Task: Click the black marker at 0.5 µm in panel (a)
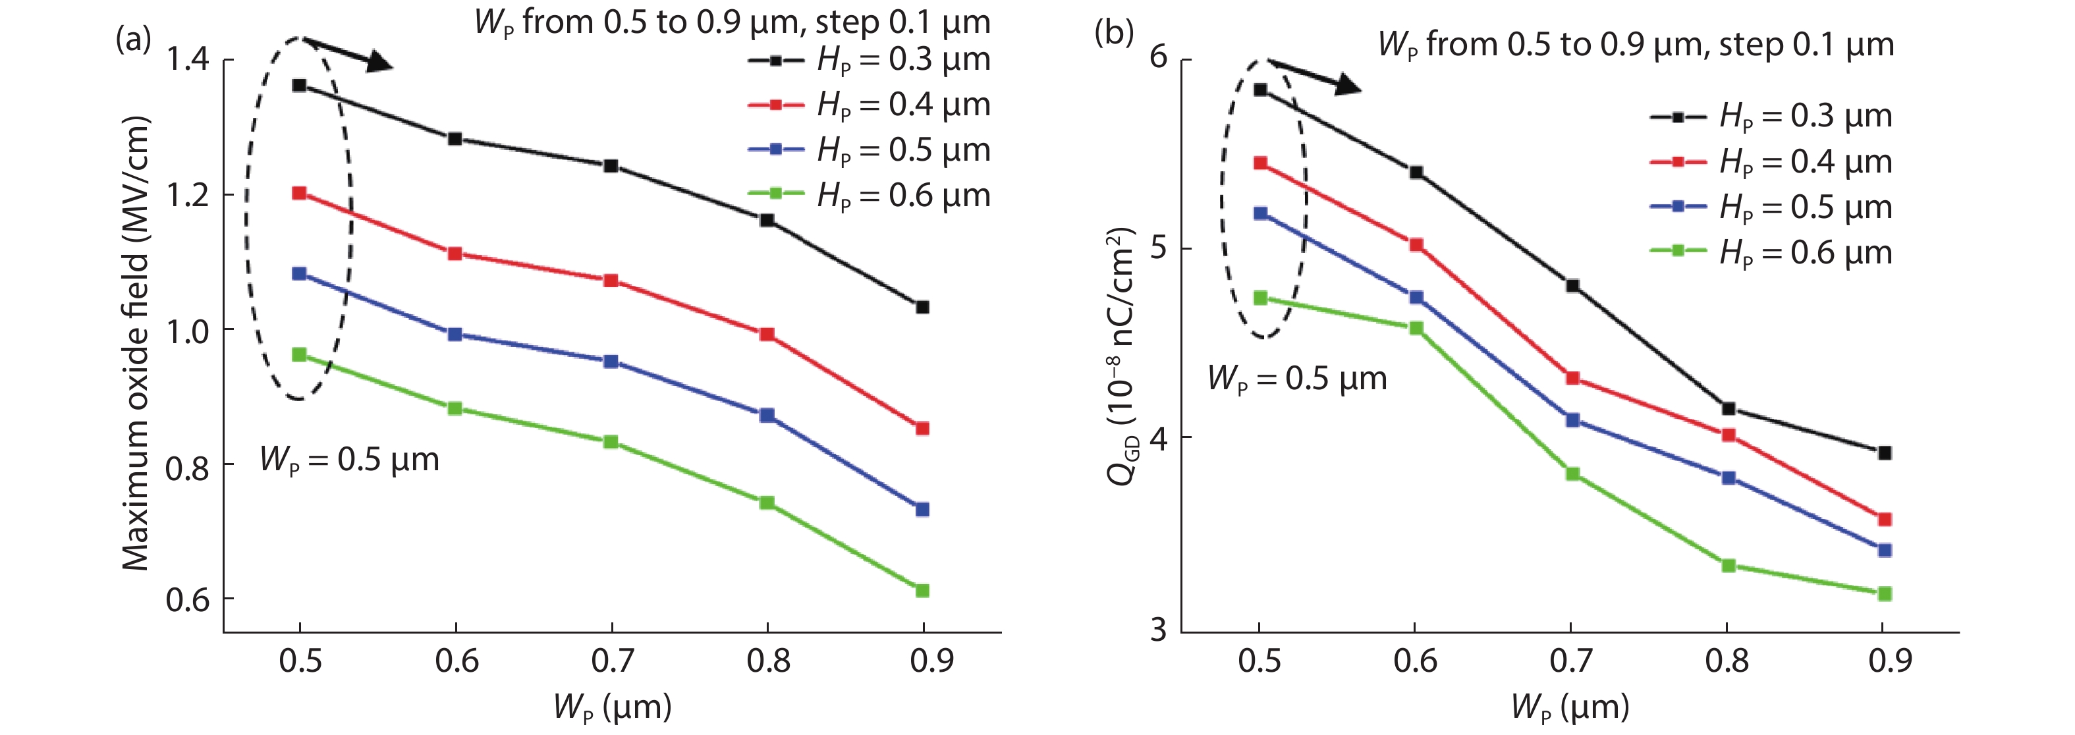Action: pyautogui.click(x=300, y=86)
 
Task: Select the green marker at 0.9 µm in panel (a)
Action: pyautogui.click(x=922, y=591)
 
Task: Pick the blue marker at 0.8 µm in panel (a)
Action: pyautogui.click(x=767, y=416)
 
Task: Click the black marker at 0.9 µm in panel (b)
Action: pyautogui.click(x=1884, y=453)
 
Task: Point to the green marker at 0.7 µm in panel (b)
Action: pyautogui.click(x=1572, y=474)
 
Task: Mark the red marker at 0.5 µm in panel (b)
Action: pyautogui.click(x=1261, y=163)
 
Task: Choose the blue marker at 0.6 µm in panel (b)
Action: pyautogui.click(x=1416, y=298)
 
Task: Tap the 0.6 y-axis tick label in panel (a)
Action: pyautogui.click(x=187, y=600)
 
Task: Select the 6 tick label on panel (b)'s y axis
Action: pyautogui.click(x=1158, y=57)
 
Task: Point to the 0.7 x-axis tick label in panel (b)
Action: pyautogui.click(x=1571, y=661)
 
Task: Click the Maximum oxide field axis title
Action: pyautogui.click(x=135, y=344)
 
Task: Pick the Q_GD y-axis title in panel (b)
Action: pyautogui.click(x=1121, y=356)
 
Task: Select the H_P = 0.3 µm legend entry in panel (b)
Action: pyautogui.click(x=1771, y=117)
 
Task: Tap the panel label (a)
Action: pyautogui.click(x=133, y=38)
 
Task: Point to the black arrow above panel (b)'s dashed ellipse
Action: pyautogui.click(x=1313, y=76)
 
